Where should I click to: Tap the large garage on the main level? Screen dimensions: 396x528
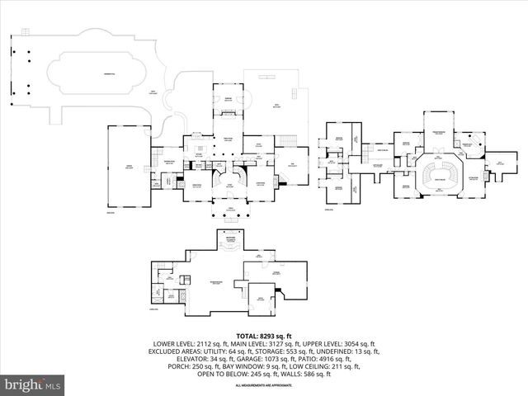[x=127, y=168]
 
